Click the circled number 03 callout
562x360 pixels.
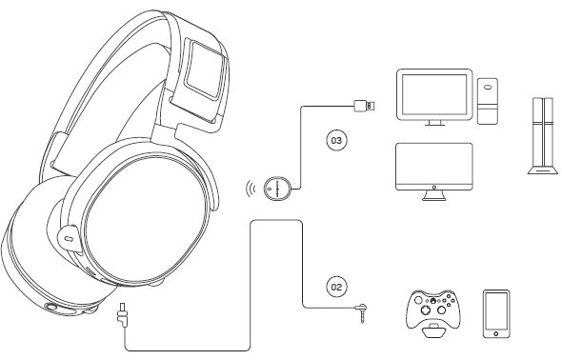[335, 141]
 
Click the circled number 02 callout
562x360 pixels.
[335, 284]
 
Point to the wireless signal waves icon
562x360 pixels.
[251, 188]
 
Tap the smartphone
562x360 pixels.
[495, 313]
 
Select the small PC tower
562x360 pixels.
[488, 103]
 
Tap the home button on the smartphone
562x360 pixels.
[495, 331]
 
